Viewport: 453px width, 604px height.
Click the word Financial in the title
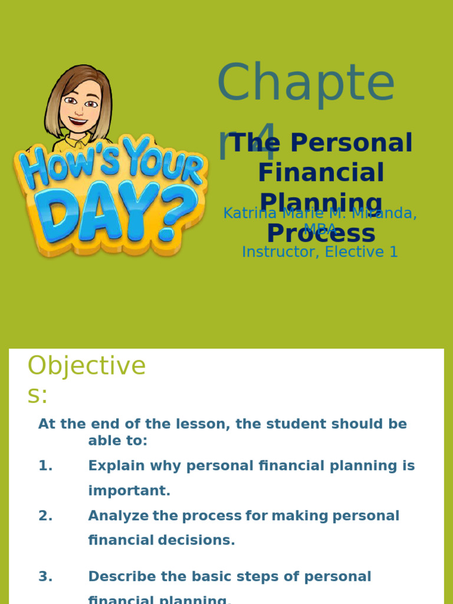[x=321, y=173]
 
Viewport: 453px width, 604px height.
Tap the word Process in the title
[x=321, y=234]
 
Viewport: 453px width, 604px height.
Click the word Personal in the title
[x=352, y=143]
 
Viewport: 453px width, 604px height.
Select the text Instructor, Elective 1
[x=320, y=252]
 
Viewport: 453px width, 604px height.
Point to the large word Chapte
[x=306, y=83]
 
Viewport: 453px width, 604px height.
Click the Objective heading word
[x=87, y=366]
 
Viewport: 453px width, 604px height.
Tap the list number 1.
[x=45, y=466]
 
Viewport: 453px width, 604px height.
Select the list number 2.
[x=45, y=516]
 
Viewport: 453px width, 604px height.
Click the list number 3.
[x=45, y=577]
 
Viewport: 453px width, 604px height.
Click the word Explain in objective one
[x=116, y=466]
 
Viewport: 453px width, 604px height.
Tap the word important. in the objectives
[x=129, y=491]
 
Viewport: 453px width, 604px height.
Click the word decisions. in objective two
[x=196, y=540]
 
